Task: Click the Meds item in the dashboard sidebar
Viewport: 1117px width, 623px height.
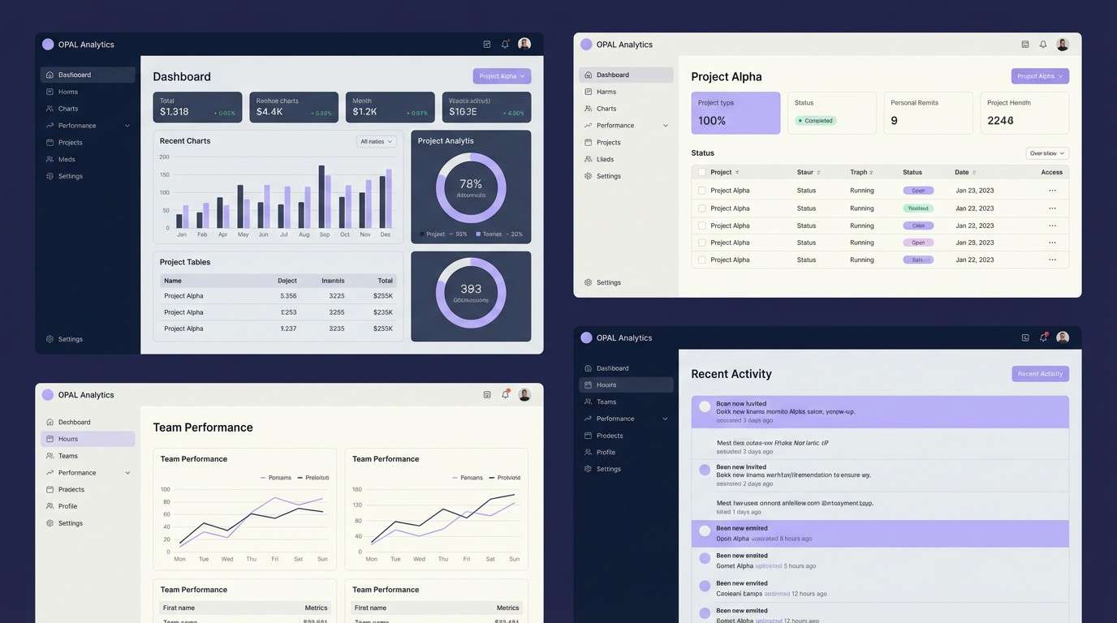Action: (x=67, y=159)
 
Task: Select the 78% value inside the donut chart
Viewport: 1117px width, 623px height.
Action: (x=471, y=184)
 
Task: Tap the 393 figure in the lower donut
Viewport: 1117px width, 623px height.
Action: (x=471, y=289)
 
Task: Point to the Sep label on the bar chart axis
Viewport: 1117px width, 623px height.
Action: (x=325, y=234)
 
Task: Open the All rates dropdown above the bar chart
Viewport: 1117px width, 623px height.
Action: (x=377, y=141)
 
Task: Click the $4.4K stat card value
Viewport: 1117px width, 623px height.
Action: (x=270, y=112)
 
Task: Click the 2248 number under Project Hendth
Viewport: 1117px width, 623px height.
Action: (x=1000, y=121)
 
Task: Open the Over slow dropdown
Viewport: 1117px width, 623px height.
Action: (x=1047, y=153)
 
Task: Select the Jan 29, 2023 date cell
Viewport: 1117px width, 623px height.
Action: (x=975, y=243)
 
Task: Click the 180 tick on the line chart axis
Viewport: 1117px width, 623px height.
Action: (x=357, y=489)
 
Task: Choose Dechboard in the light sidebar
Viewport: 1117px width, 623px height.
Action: (x=74, y=422)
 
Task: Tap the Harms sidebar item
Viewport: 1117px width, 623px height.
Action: (x=606, y=92)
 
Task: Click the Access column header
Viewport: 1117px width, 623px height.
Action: (x=1051, y=172)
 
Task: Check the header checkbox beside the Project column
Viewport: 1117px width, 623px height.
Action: (x=701, y=172)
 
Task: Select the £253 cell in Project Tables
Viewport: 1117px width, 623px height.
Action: (x=288, y=312)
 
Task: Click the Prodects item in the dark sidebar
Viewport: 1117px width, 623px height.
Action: (x=610, y=436)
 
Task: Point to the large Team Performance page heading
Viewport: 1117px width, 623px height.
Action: (x=203, y=428)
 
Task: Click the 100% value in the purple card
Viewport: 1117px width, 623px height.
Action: (x=712, y=121)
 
